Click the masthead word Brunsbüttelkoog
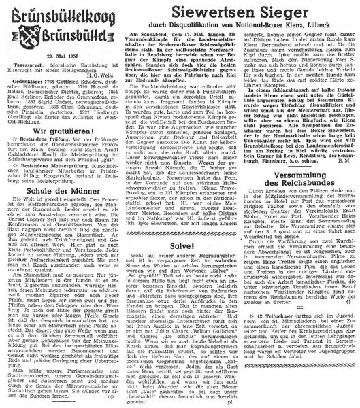coord(59,13)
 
